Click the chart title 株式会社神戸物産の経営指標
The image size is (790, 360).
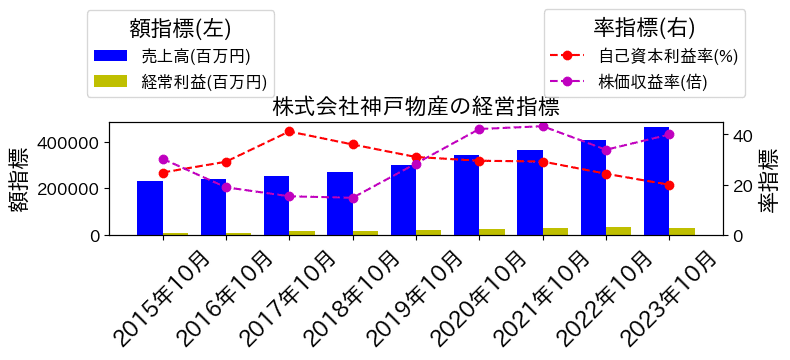tap(415, 107)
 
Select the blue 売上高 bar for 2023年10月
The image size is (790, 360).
tap(657, 181)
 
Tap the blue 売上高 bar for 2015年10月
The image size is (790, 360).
tap(150, 208)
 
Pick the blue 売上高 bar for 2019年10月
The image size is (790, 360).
tap(403, 200)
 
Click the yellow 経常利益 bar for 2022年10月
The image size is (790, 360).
tap(619, 231)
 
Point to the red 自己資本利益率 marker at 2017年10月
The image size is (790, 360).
tap(289, 131)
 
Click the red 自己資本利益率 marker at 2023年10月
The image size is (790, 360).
tap(669, 185)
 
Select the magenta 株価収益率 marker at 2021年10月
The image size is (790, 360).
tap(543, 126)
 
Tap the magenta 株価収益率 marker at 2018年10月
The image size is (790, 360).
tap(353, 198)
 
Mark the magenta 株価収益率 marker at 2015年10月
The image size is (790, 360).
tap(163, 159)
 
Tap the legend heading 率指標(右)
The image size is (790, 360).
tap(644, 28)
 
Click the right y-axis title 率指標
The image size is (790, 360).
tap(768, 180)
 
